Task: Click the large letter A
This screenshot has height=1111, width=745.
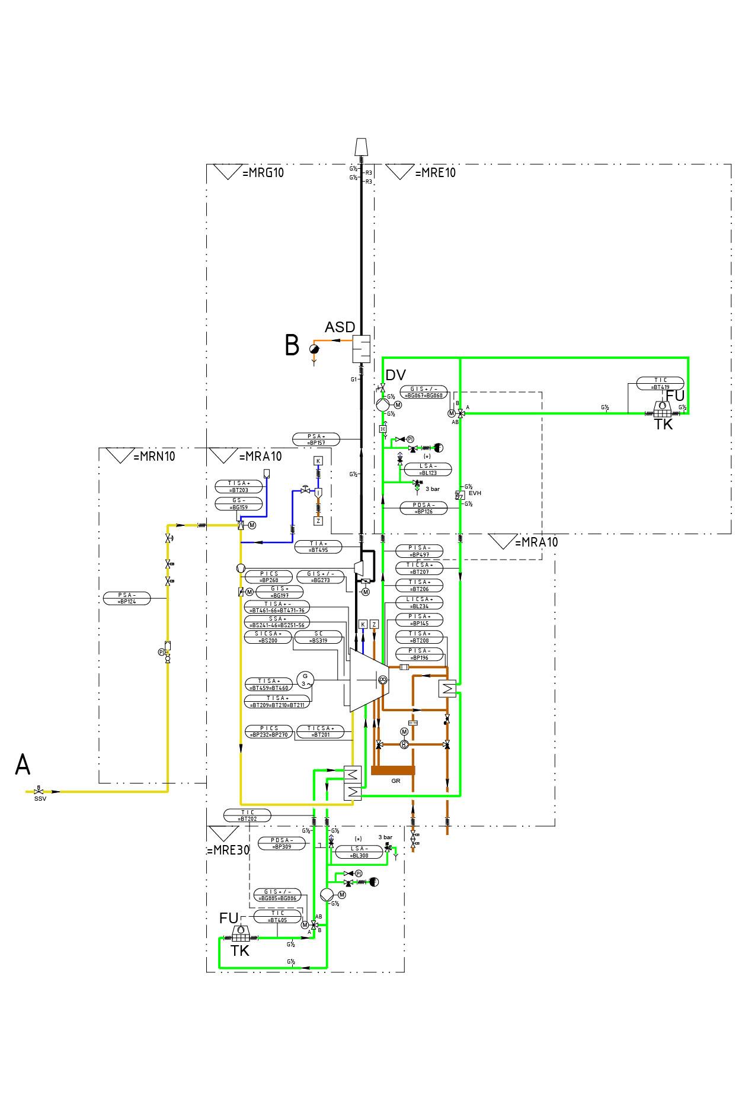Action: click(x=23, y=765)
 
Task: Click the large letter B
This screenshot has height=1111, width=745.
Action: click(x=292, y=345)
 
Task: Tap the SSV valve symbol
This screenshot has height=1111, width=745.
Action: click(x=39, y=791)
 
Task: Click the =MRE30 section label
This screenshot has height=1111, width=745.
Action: click(x=228, y=850)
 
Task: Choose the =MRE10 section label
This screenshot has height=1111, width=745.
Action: click(x=435, y=173)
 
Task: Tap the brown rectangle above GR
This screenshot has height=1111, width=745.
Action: click(x=393, y=770)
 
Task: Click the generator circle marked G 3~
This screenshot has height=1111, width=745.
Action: click(x=306, y=679)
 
